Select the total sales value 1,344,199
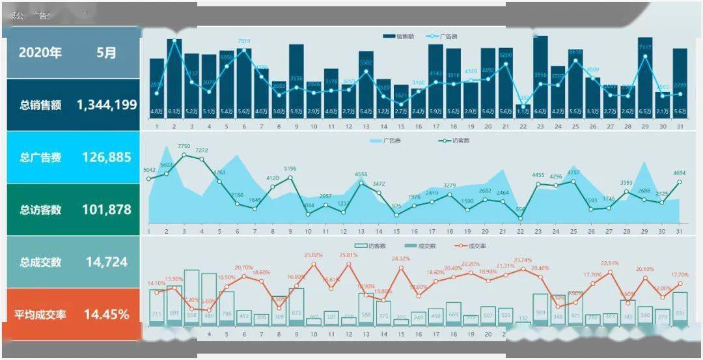click(x=107, y=105)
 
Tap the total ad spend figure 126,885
click(x=107, y=157)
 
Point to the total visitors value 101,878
click(x=107, y=210)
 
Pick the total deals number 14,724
click(x=107, y=262)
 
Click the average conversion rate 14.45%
click(x=107, y=314)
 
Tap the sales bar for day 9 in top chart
click(x=296, y=78)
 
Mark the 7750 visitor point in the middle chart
click(x=184, y=155)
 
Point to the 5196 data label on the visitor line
click(x=290, y=169)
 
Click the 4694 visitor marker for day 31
click(x=680, y=182)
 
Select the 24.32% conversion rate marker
click(x=401, y=268)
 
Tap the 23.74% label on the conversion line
click(x=521, y=260)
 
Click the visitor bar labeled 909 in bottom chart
click(x=541, y=309)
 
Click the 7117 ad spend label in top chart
click(x=645, y=48)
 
